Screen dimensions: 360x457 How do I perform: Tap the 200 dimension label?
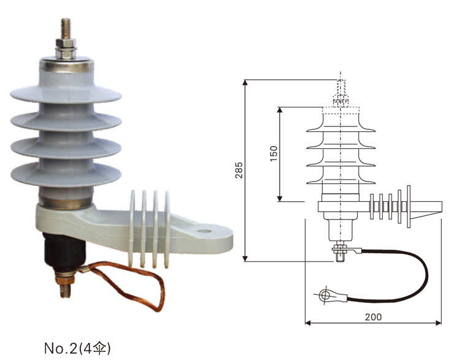pos(373,316)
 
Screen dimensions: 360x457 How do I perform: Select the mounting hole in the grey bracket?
pos(202,232)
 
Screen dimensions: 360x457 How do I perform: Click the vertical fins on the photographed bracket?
pos(147,227)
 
